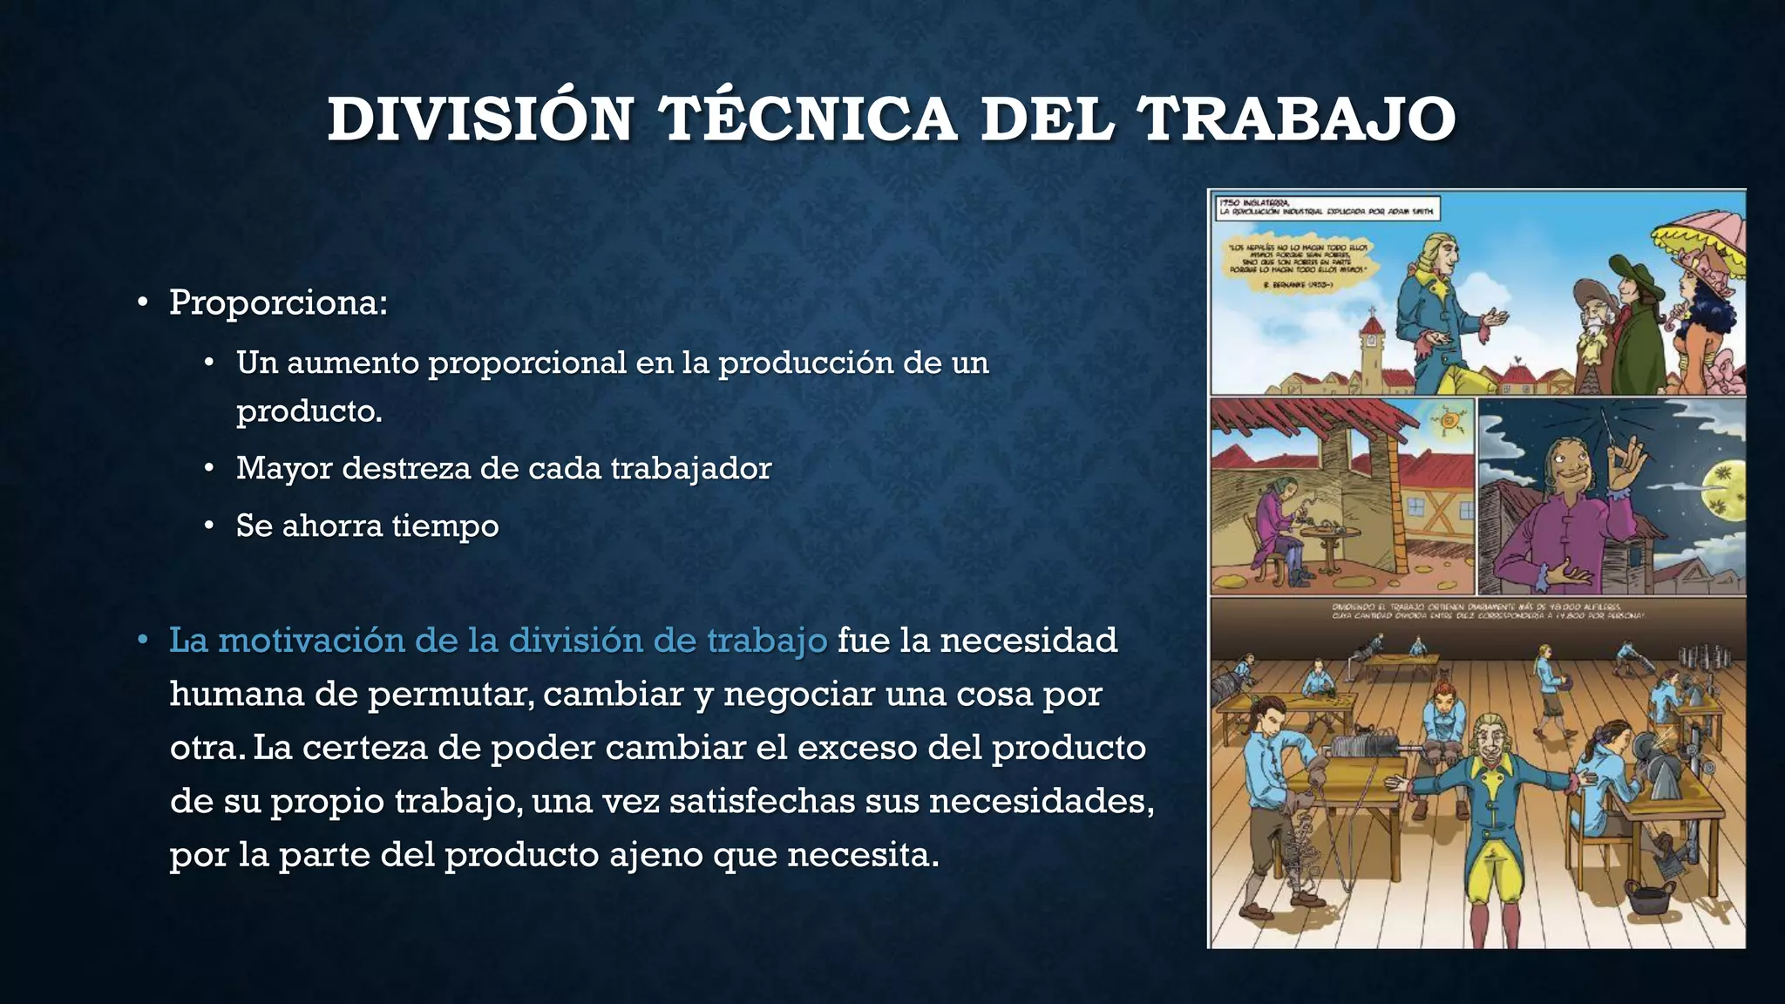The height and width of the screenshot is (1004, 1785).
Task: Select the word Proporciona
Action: click(x=277, y=302)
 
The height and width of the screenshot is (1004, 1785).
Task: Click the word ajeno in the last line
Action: click(x=657, y=854)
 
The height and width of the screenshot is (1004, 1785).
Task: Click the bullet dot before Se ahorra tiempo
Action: click(x=209, y=526)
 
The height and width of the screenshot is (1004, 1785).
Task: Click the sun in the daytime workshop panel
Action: click(x=1449, y=422)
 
